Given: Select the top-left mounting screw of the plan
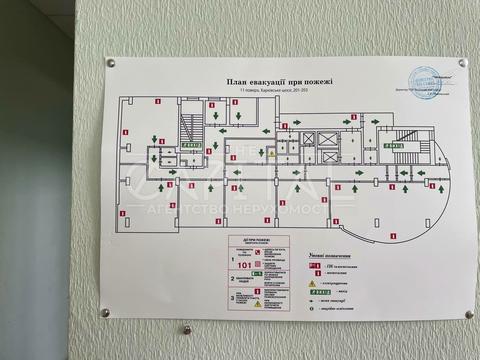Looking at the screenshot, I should tap(111, 63).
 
